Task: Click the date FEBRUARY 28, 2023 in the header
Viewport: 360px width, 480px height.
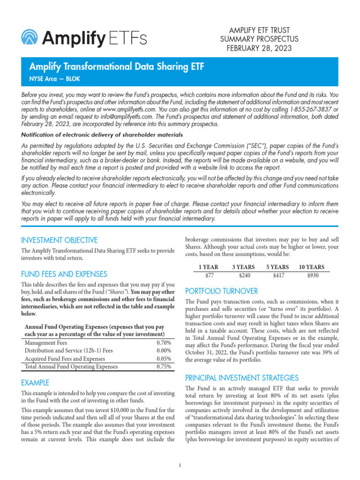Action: tap(259, 48)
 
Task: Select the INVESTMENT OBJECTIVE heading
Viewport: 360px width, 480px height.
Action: tap(60, 240)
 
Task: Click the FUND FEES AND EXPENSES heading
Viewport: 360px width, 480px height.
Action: tap(64, 274)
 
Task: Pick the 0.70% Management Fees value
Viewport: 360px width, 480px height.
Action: tap(164, 343)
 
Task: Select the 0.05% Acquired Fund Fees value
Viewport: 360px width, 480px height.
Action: tap(164, 359)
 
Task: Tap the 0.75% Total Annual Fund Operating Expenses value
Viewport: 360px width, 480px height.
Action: tap(164, 367)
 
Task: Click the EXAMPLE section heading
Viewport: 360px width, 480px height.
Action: tap(35, 383)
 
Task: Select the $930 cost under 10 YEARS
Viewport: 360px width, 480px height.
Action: tap(312, 276)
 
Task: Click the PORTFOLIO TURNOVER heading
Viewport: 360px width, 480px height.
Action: tap(222, 290)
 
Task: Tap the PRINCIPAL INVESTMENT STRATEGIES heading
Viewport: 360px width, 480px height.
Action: tap(242, 378)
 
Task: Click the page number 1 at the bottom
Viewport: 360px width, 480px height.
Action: tap(180, 465)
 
